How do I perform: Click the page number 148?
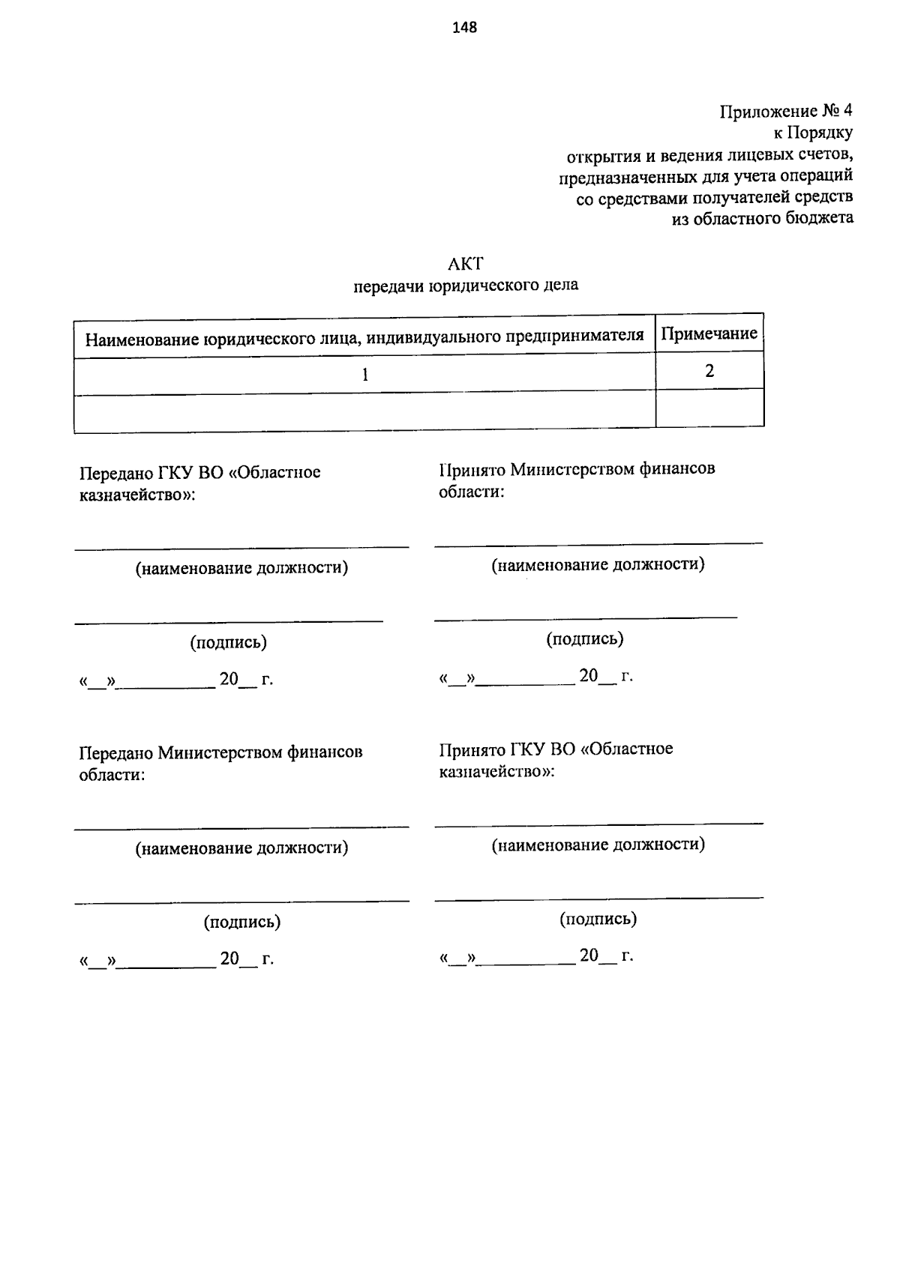point(465,28)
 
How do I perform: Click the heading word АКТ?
point(466,264)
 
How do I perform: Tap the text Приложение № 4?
point(786,112)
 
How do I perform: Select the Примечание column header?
point(709,333)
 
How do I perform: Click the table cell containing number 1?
point(364,374)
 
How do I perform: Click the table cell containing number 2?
point(709,371)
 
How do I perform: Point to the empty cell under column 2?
point(709,408)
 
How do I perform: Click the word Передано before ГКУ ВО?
point(115,473)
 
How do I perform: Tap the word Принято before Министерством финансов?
point(472,469)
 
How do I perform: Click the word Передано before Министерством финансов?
point(115,752)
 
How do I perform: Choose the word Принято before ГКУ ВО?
point(472,749)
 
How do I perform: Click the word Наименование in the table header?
point(142,339)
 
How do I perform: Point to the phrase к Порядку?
point(813,133)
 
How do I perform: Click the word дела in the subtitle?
point(560,285)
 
